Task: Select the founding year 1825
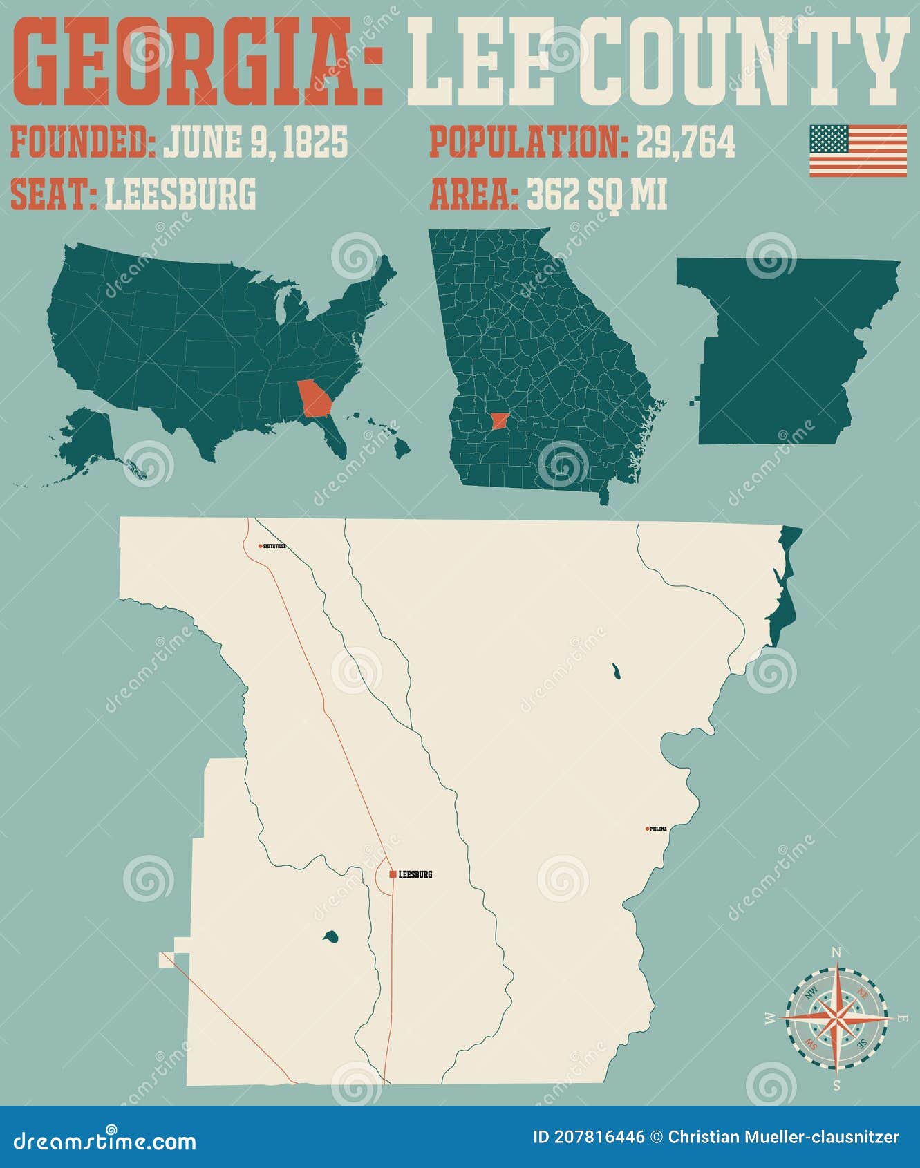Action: pos(312,142)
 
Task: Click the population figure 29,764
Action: pos(685,142)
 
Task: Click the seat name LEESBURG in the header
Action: pos(180,194)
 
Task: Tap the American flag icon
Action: pos(858,151)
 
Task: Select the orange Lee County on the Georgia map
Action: pos(498,421)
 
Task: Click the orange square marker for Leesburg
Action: pos(393,874)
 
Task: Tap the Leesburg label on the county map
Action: pos(415,874)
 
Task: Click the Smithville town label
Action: pos(274,546)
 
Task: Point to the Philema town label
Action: pos(659,829)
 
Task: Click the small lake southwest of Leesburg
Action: pos(330,937)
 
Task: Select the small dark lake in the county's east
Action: pos(615,670)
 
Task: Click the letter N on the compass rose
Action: pos(836,953)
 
